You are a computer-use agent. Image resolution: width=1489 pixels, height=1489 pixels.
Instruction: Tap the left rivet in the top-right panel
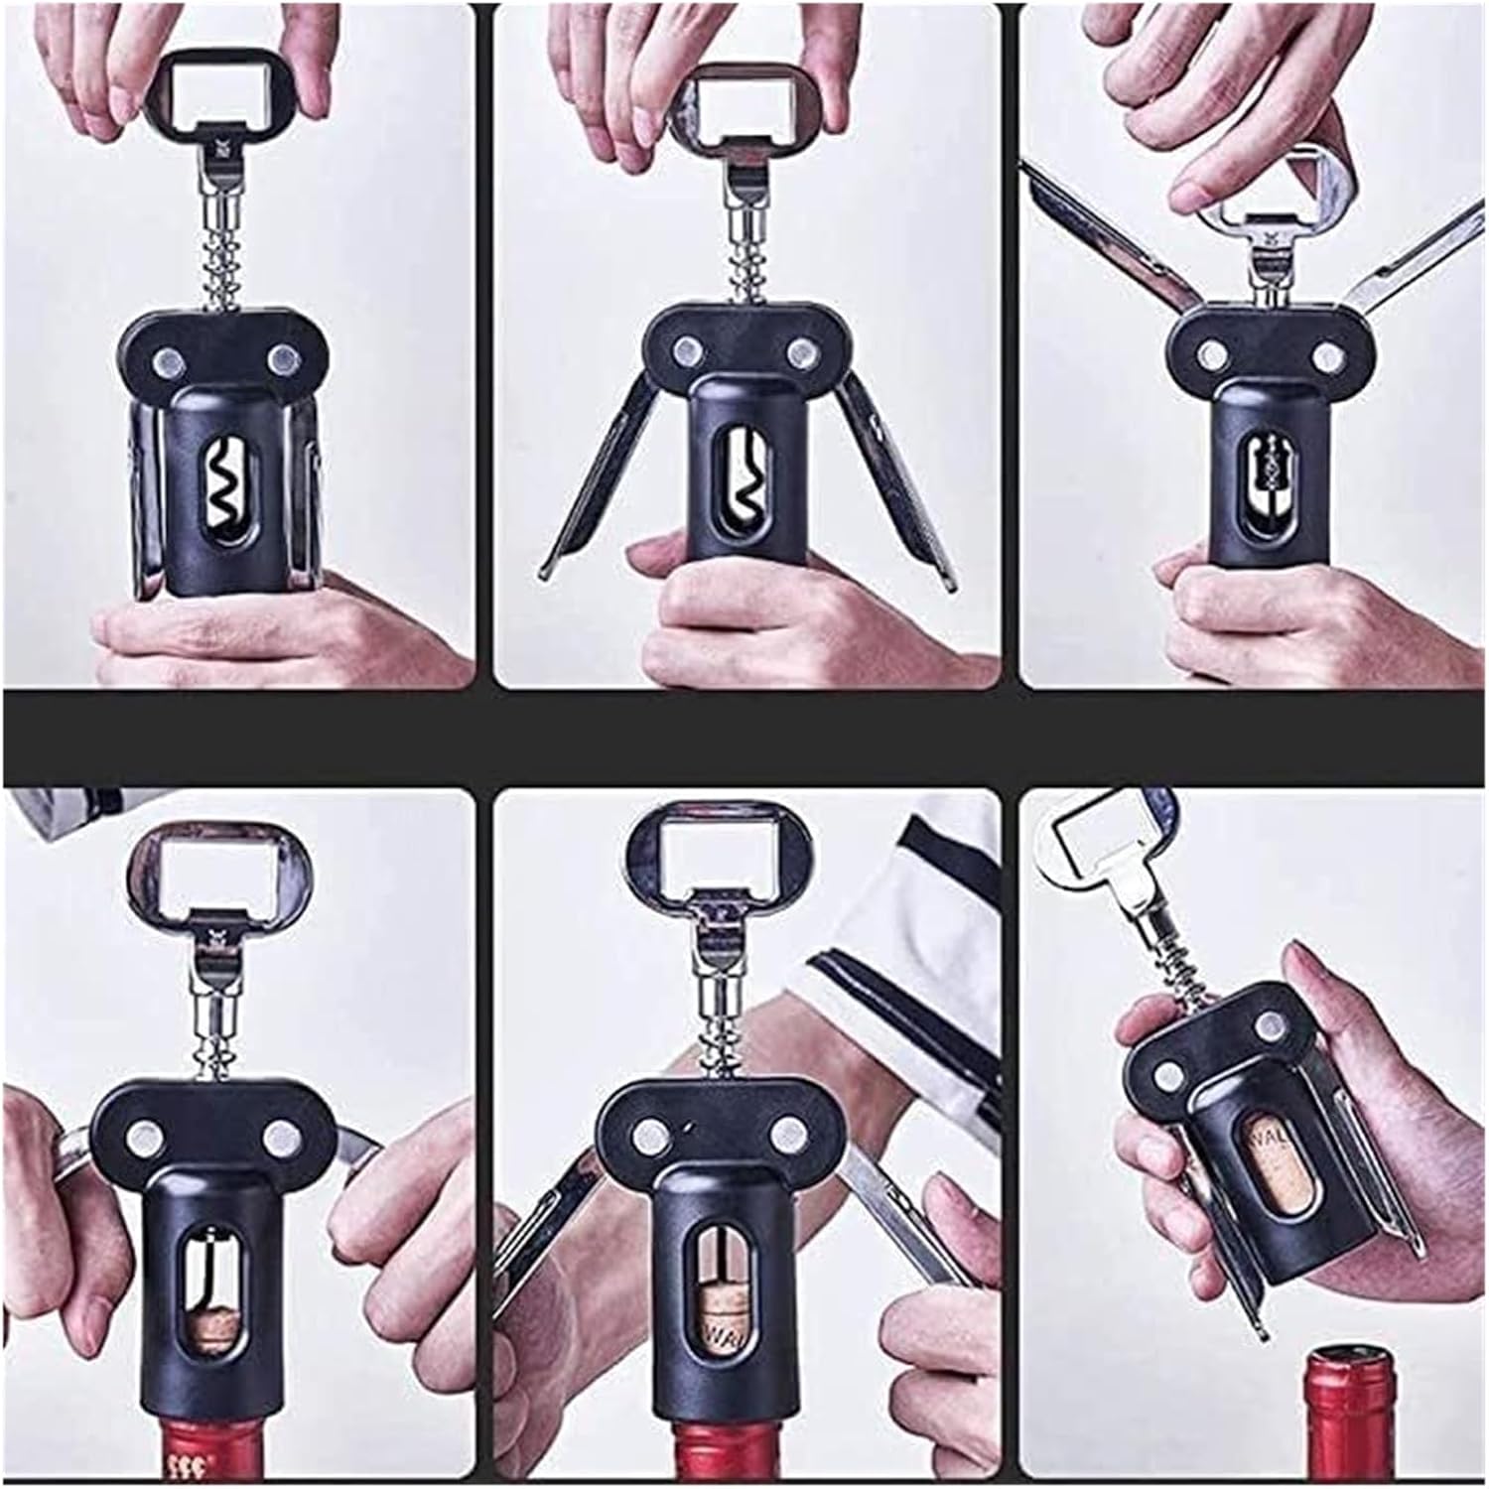(x=1210, y=352)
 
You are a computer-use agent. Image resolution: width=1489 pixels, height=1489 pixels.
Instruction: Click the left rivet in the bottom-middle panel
(x=652, y=1131)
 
